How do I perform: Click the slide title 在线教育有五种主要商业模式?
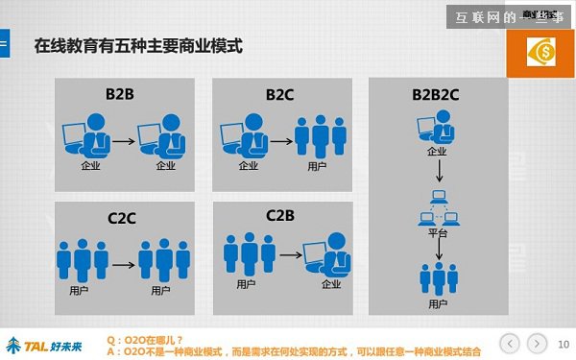[137, 45]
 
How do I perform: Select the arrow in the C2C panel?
[123, 262]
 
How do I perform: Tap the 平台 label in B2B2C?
[438, 234]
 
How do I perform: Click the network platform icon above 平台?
[438, 207]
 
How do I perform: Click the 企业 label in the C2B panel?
[331, 284]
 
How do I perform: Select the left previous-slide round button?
[511, 342]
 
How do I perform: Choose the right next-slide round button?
[538, 342]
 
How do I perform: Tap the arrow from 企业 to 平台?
[438, 172]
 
